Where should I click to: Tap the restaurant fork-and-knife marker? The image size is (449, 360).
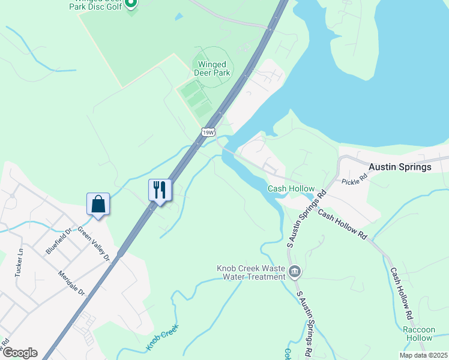160,190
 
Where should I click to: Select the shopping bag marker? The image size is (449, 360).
98,204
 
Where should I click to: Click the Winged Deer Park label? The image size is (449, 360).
212,68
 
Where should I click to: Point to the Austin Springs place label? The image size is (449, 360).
400,167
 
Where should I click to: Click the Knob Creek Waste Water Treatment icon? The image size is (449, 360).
294,272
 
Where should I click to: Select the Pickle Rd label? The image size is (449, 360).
354,179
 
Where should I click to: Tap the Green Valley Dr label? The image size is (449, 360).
94,246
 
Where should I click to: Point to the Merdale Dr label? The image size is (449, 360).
72,283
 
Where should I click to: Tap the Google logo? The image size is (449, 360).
20,353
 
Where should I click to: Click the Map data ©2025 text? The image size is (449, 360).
423,355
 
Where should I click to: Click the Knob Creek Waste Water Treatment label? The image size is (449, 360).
251,273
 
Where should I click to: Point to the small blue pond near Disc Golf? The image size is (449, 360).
176,17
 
